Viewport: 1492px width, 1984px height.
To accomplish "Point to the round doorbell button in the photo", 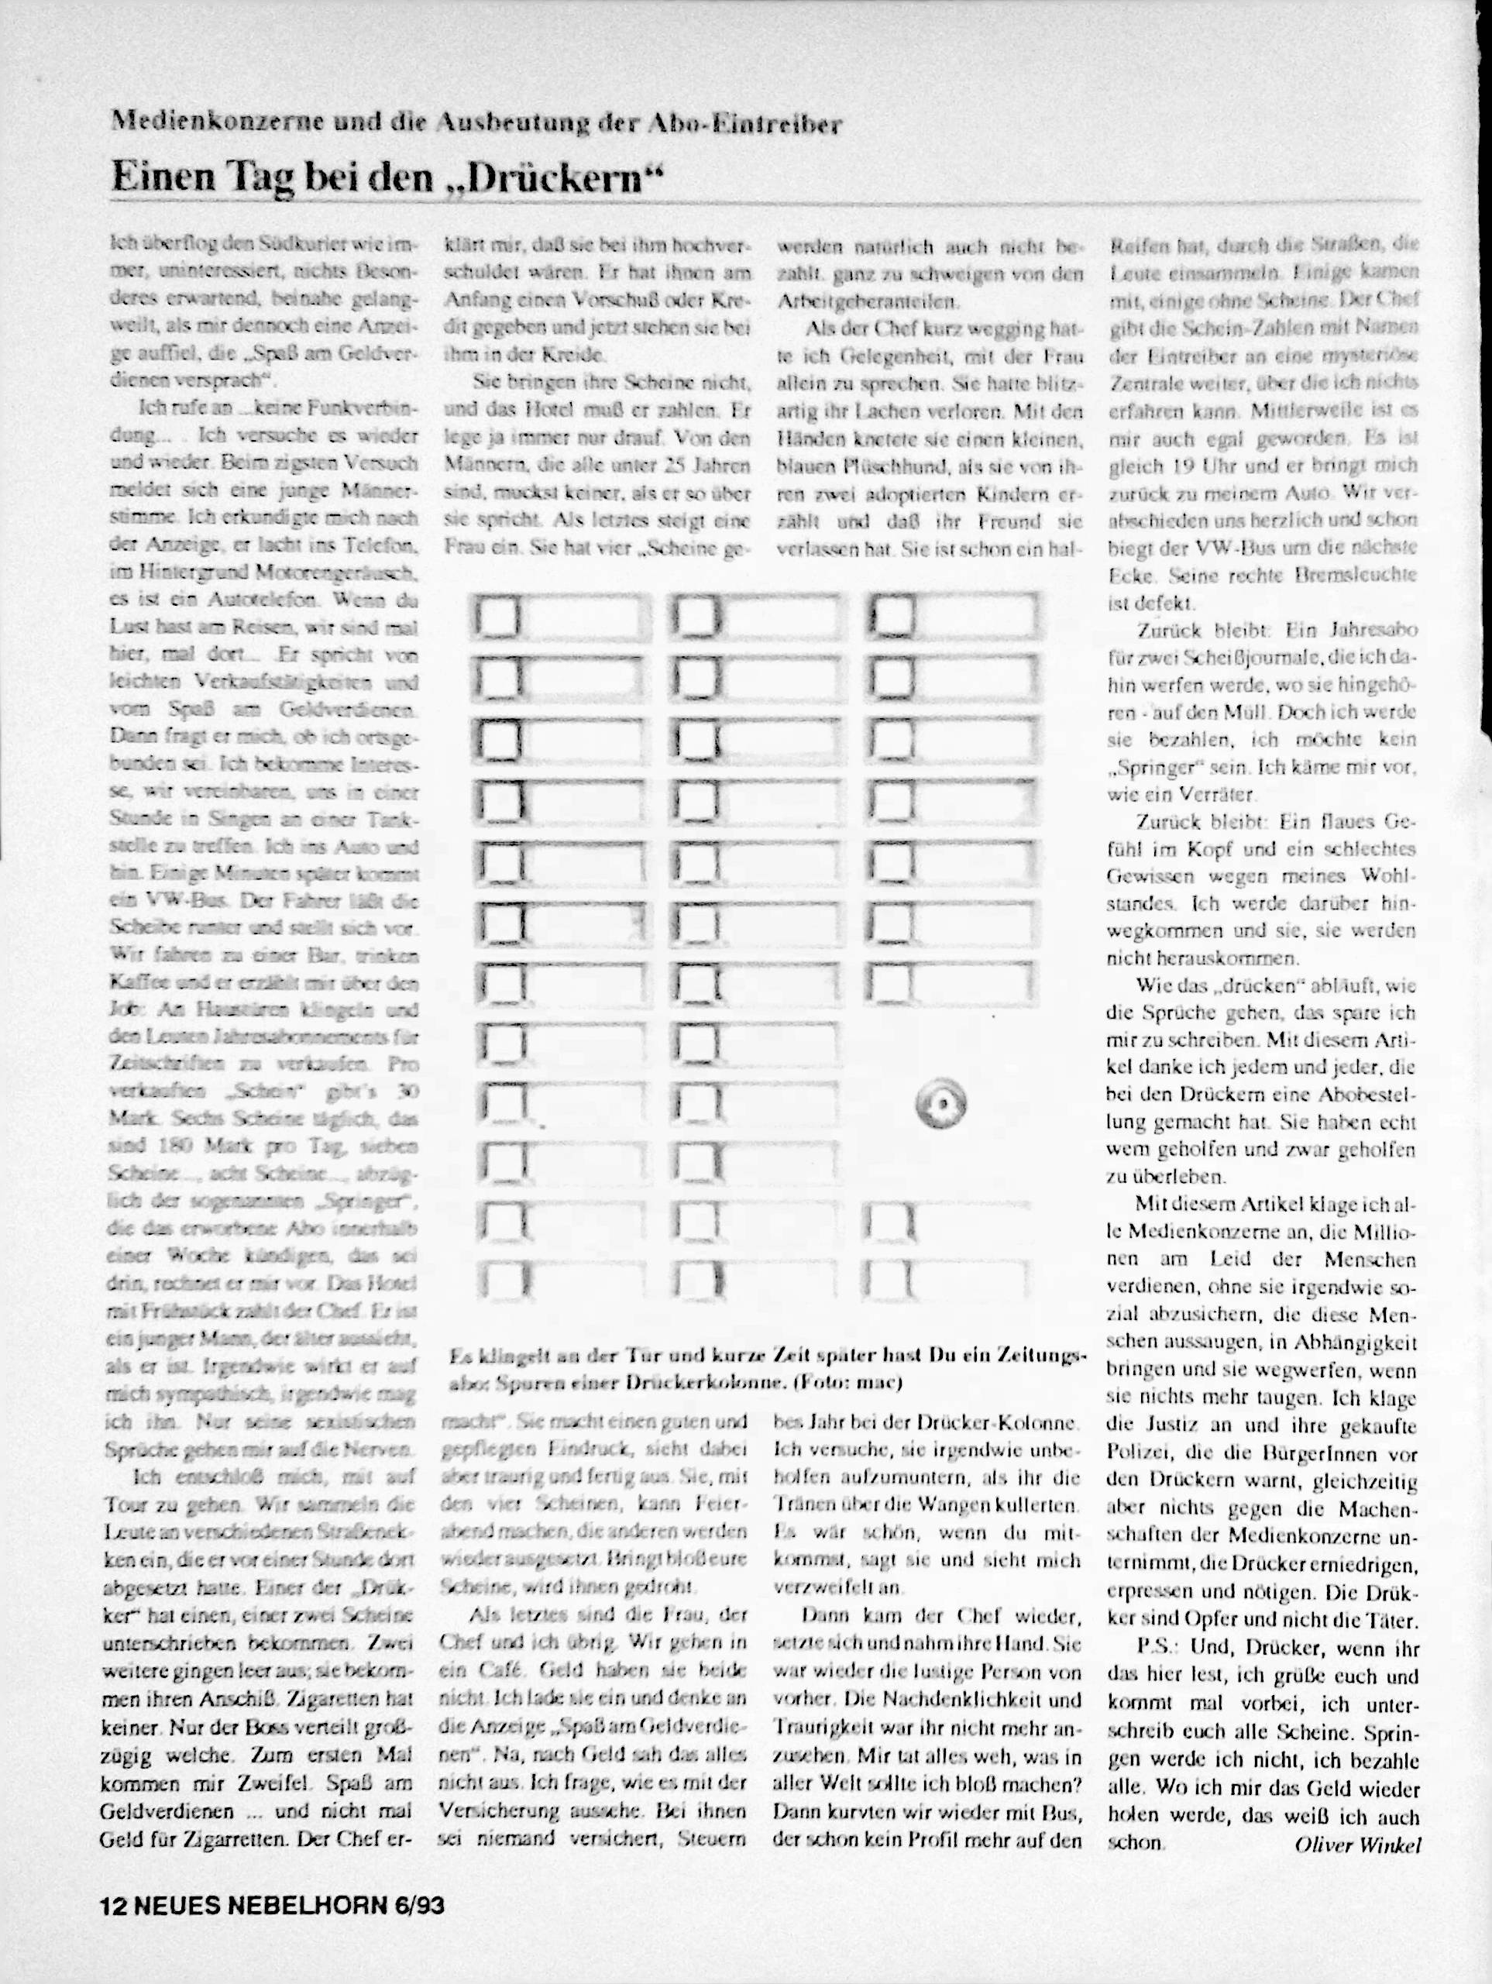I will pos(940,1104).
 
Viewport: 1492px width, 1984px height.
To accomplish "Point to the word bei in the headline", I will pos(326,177).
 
